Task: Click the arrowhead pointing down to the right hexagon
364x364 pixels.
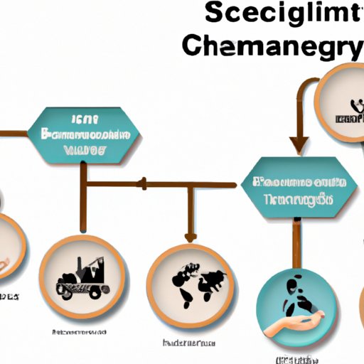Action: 299,144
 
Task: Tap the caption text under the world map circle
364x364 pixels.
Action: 188,343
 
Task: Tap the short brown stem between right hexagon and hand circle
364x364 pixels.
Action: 293,242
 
